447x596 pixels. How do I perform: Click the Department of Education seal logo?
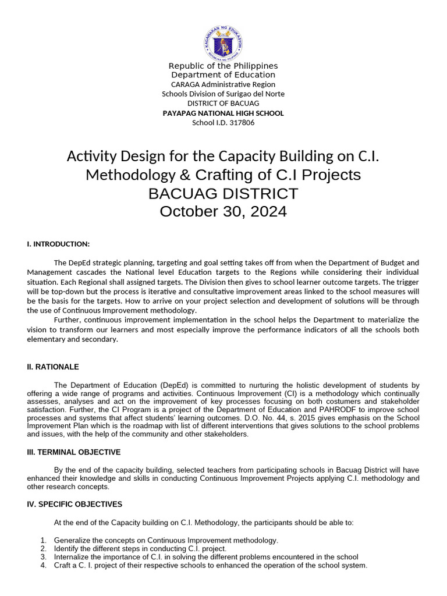(x=223, y=42)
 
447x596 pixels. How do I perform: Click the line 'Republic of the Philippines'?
(x=223, y=66)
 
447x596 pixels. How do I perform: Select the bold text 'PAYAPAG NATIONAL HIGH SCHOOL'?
(x=223, y=113)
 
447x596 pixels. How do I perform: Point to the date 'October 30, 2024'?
(x=223, y=211)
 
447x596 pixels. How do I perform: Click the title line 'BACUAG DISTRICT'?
(x=223, y=193)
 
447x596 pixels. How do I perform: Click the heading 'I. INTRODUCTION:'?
(x=58, y=244)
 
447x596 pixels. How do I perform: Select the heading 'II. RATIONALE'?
(x=53, y=367)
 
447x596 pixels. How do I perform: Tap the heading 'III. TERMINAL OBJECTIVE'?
(x=74, y=452)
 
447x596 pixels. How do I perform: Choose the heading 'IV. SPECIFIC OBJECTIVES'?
(x=74, y=504)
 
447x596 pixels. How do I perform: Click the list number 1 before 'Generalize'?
(x=43, y=541)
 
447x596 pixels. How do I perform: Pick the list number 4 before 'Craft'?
(x=43, y=565)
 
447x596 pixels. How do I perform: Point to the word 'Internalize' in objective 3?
(x=73, y=557)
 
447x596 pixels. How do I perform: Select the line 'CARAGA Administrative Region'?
(x=223, y=84)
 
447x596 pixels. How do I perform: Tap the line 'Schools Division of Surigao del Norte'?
(x=223, y=94)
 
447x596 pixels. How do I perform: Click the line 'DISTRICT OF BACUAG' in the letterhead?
(x=223, y=103)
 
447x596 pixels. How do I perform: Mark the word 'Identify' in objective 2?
(x=68, y=549)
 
